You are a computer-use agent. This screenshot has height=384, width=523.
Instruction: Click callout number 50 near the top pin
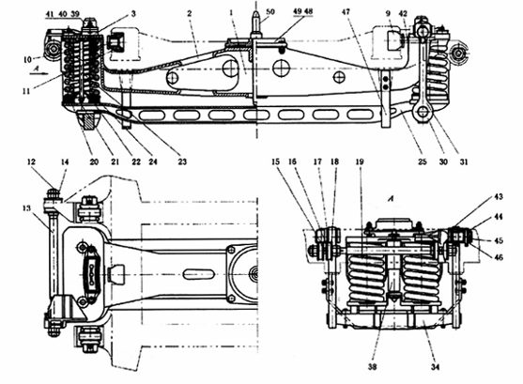(270, 11)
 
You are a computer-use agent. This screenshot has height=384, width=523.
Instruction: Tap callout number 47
(346, 11)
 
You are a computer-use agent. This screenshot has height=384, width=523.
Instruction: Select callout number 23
(182, 161)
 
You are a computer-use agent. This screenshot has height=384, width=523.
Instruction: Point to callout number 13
(26, 208)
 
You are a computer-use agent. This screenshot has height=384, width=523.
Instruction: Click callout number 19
(360, 161)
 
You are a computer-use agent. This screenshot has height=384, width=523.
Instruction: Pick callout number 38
(372, 367)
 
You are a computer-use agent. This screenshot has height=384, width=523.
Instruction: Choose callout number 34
(435, 367)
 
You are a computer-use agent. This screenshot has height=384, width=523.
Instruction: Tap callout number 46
(499, 257)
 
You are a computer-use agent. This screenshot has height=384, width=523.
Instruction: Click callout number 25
(423, 161)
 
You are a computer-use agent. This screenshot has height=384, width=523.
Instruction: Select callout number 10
(27, 60)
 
